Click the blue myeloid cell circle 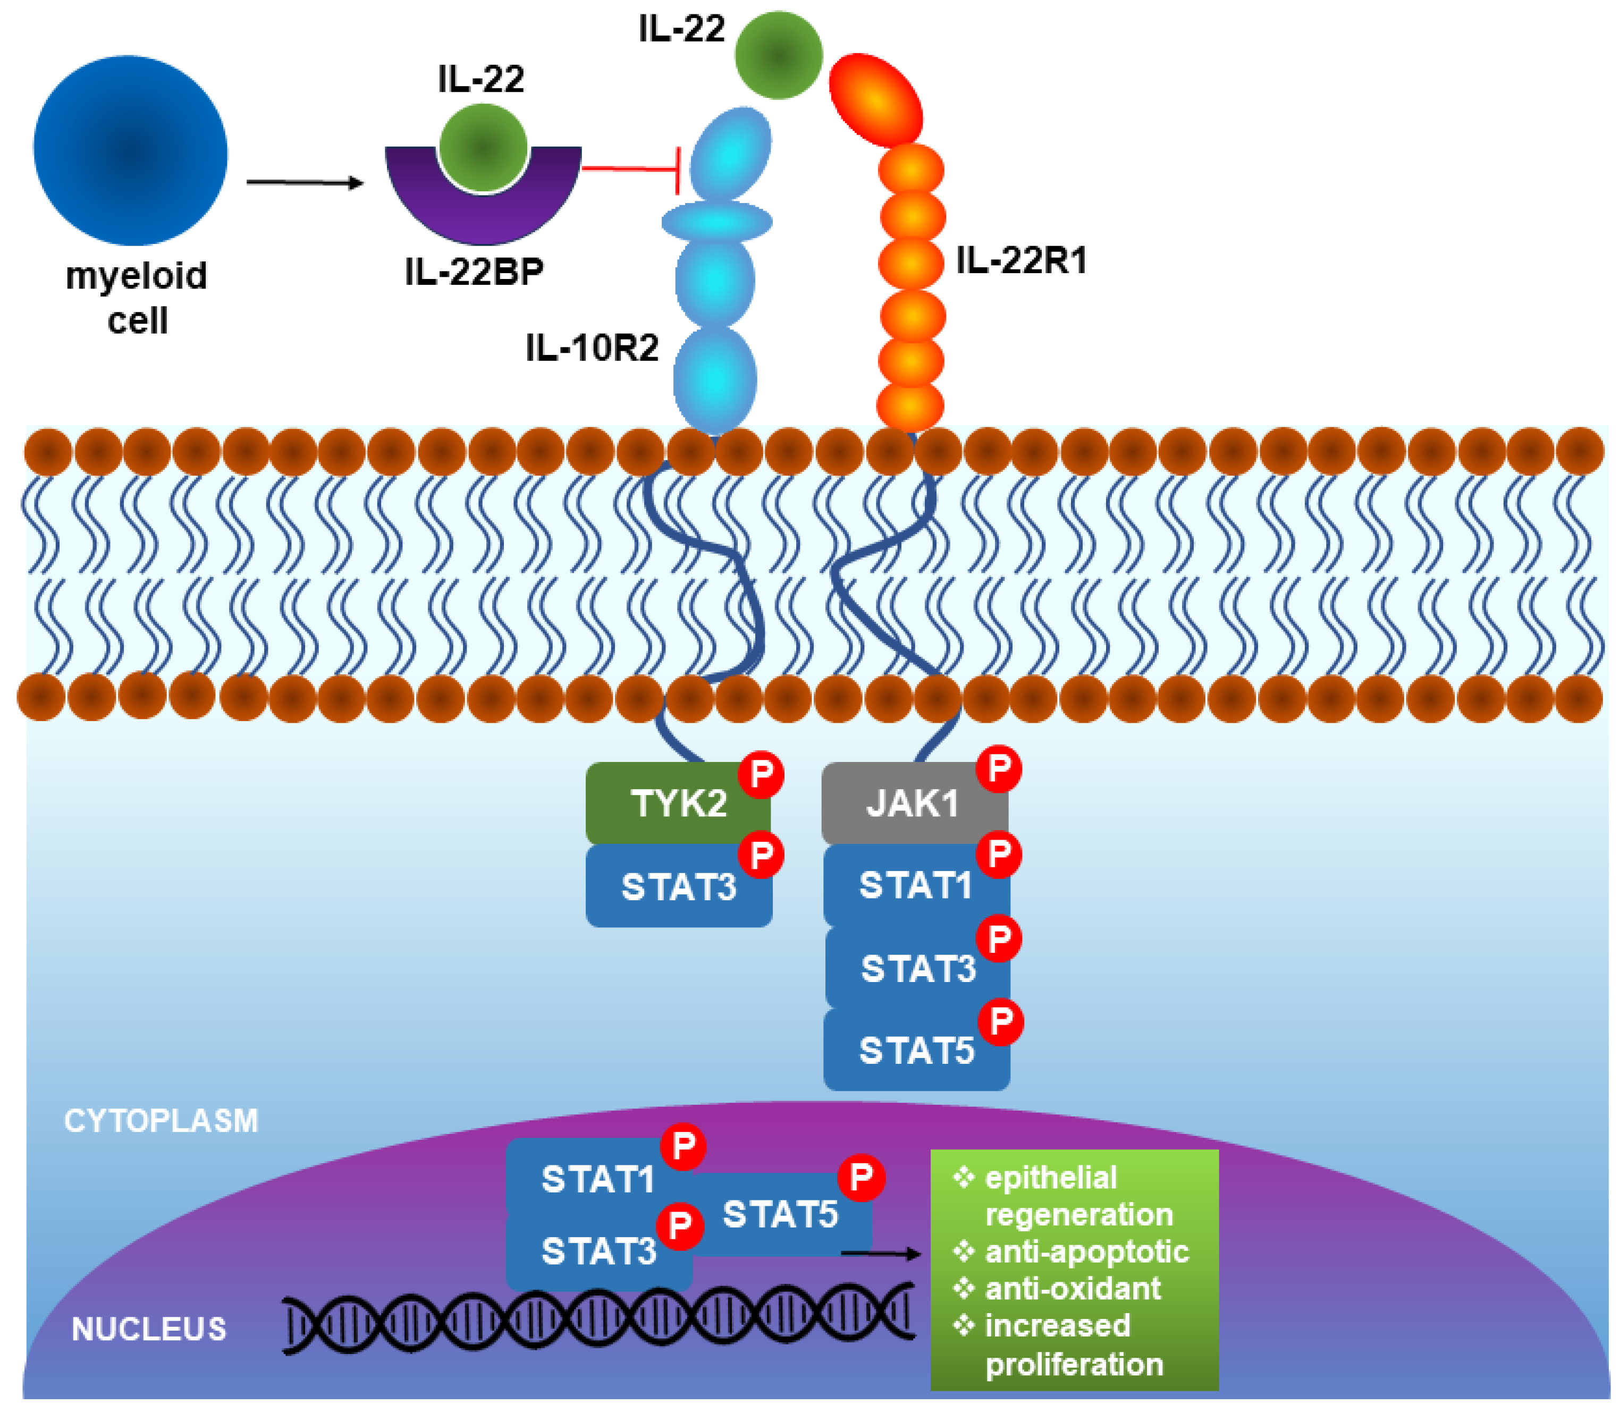coord(131,150)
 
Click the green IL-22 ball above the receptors coord(779,55)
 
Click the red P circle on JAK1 coord(999,768)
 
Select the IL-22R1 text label coord(1022,260)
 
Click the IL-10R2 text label coord(592,348)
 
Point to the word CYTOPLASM coord(161,1121)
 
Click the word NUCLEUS coord(149,1329)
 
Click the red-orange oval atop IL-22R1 coord(875,100)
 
